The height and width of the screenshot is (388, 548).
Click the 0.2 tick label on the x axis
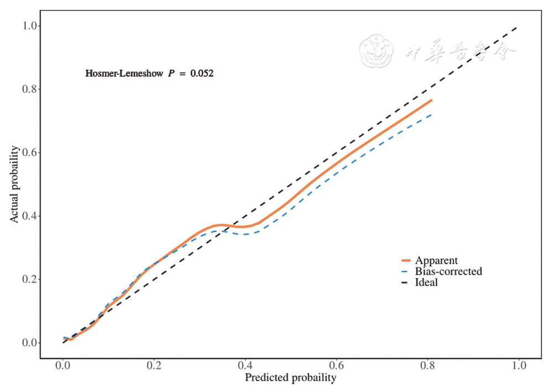click(x=154, y=366)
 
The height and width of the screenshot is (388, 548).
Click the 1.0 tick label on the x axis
click(x=519, y=366)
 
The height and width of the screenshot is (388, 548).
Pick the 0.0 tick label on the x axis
click(x=63, y=366)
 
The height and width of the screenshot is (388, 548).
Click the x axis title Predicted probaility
click(x=290, y=378)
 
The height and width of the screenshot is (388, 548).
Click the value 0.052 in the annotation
click(x=202, y=73)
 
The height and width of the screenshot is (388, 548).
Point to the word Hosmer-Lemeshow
click(x=125, y=73)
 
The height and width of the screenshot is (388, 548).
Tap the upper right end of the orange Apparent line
click(x=431, y=100)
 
